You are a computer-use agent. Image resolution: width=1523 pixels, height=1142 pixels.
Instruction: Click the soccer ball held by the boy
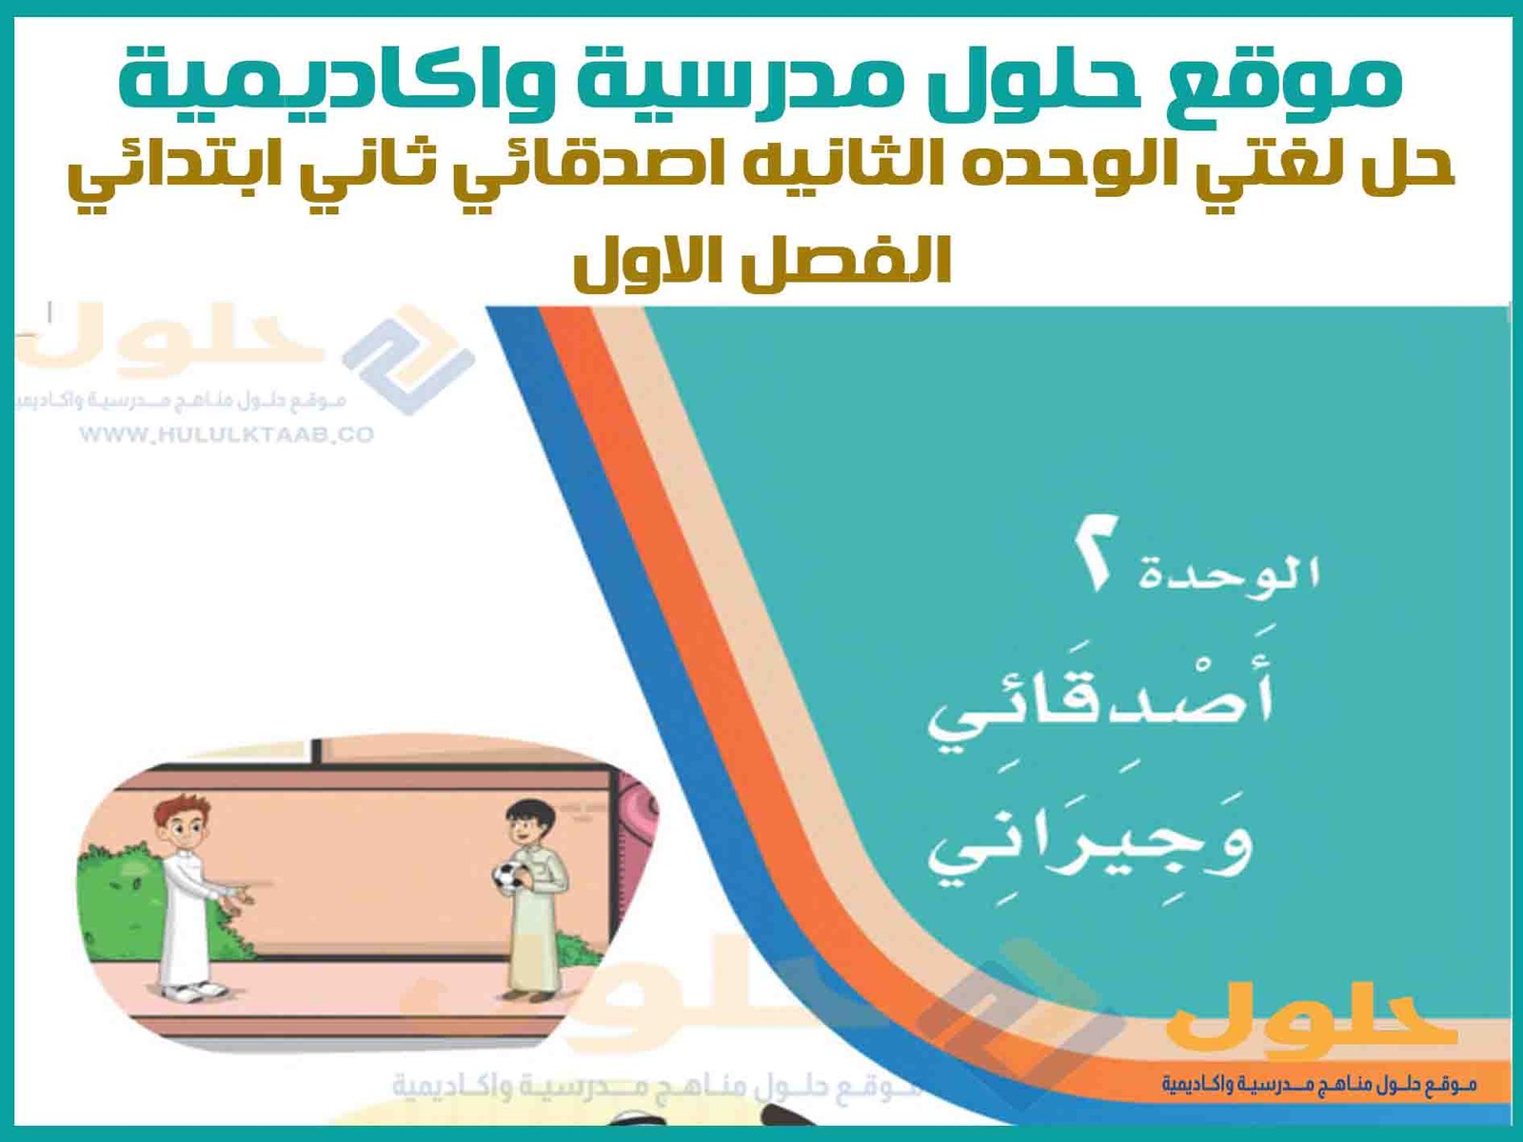coord(508,876)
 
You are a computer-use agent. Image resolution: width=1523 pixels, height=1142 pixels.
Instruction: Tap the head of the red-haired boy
coord(185,818)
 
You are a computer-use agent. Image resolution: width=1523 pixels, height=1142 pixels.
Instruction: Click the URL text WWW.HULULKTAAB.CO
coord(227,436)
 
